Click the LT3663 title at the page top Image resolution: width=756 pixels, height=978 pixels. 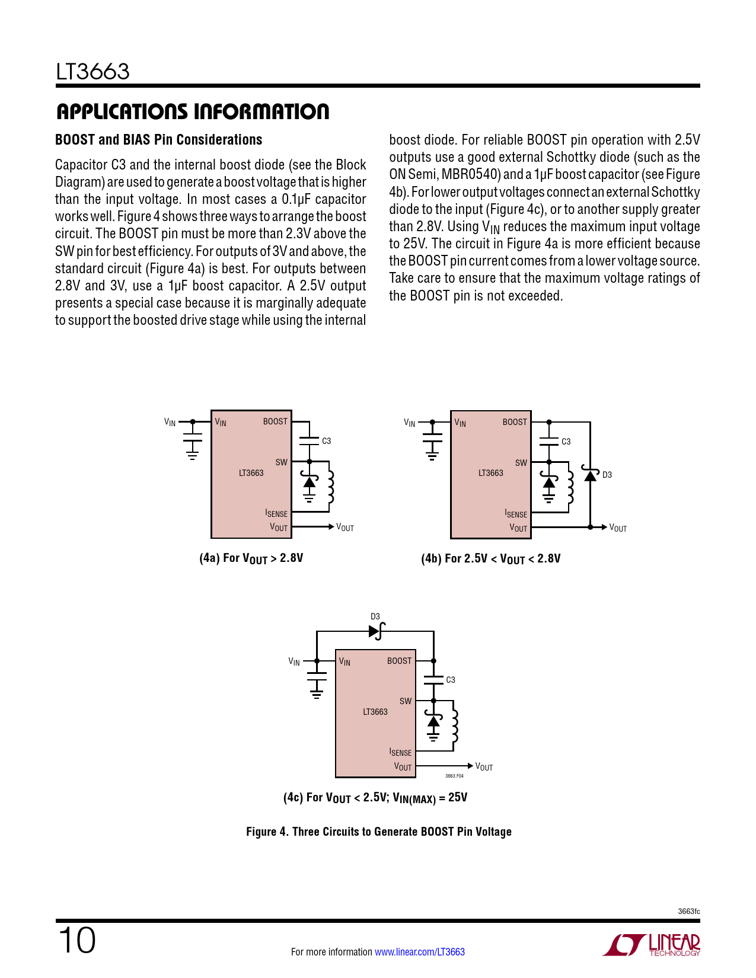92,72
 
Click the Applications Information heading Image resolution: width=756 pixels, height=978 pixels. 192,111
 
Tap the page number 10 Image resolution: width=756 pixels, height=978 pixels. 76,941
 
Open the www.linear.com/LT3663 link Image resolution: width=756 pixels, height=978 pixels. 420,952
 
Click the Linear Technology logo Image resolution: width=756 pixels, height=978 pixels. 652,945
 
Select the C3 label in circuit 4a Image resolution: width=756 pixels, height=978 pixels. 326,441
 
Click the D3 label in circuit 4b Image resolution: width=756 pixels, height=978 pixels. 607,475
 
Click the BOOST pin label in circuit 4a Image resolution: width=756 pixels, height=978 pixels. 275,421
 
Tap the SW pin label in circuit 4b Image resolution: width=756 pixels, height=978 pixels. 521,463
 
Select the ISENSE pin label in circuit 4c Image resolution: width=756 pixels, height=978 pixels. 400,752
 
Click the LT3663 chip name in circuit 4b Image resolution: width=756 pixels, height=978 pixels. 490,473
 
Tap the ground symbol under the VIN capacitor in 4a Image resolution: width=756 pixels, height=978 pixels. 192,455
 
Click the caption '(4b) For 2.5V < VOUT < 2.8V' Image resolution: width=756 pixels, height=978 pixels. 490,558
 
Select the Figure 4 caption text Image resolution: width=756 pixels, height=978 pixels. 378,832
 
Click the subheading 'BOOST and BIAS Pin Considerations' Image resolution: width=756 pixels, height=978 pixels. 158,140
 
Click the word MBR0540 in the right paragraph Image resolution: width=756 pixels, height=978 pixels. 469,174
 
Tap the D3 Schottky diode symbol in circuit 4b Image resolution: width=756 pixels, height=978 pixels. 589,474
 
